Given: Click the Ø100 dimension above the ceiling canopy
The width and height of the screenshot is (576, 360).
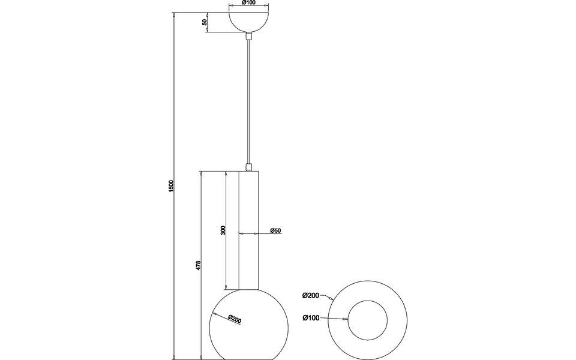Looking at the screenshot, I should pyautogui.click(x=248, y=3).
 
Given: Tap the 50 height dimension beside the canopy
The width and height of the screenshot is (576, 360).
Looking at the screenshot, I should pyautogui.click(x=205, y=22).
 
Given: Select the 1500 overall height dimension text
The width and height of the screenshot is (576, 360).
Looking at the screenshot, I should pyautogui.click(x=171, y=186).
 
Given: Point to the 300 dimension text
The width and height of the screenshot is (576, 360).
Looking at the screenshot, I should pyautogui.click(x=223, y=230).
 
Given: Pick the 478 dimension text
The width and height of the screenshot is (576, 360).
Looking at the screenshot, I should pyautogui.click(x=198, y=265).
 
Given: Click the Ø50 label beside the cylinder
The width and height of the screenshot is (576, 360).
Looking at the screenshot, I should pyautogui.click(x=276, y=231).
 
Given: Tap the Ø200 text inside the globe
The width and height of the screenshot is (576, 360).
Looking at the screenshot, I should pyautogui.click(x=235, y=320).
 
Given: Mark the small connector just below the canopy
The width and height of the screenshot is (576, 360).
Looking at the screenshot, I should pyautogui.click(x=248, y=37).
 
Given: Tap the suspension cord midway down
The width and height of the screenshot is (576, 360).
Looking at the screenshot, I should pyautogui.click(x=248, y=102).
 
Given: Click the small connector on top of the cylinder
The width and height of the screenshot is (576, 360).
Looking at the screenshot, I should pyautogui.click(x=248, y=166).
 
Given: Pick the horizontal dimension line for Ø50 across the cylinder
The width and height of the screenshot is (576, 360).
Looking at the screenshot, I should pyautogui.click(x=248, y=232).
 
